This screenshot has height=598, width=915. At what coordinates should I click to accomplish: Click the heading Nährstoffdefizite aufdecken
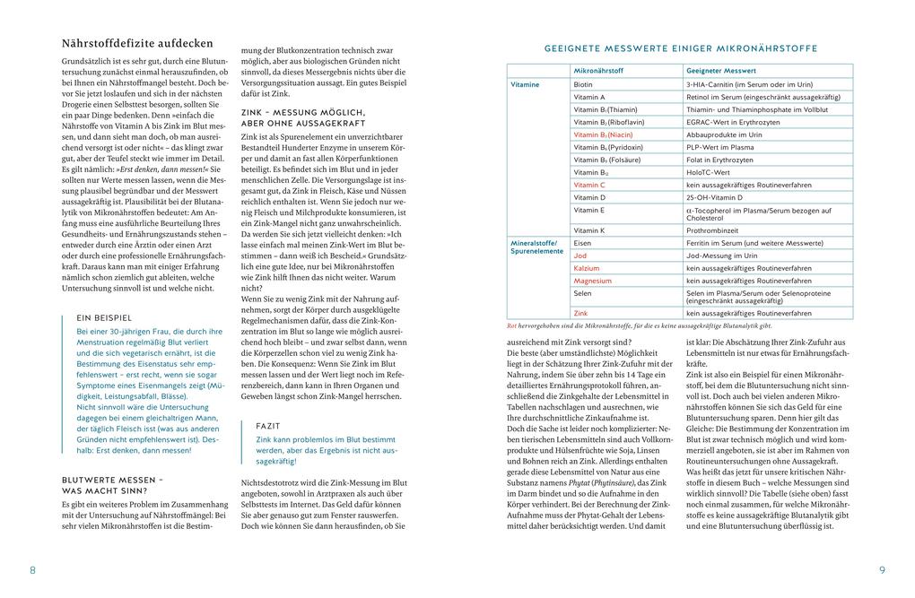tap(137, 43)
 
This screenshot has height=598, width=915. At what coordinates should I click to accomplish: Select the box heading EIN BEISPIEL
tap(104, 316)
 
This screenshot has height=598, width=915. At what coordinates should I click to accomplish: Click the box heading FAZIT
tap(268, 426)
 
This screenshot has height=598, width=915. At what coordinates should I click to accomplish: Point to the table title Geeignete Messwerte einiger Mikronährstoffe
tap(681, 48)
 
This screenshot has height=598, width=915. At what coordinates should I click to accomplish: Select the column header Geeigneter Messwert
tap(721, 70)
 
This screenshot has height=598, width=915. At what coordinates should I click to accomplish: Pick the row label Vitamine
tap(525, 84)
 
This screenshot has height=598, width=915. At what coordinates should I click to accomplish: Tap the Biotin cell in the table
tap(583, 84)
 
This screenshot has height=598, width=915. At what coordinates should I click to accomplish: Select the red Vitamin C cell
tap(589, 185)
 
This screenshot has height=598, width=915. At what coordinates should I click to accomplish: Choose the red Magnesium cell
tap(594, 281)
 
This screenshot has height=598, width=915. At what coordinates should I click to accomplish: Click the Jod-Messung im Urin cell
tap(721, 256)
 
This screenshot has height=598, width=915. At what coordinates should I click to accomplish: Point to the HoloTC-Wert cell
tap(709, 172)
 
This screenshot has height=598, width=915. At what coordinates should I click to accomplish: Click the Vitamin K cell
tap(589, 230)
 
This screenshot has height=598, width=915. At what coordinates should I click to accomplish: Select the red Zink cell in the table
tap(581, 313)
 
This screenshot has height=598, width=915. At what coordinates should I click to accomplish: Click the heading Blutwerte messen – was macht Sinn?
tap(112, 485)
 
